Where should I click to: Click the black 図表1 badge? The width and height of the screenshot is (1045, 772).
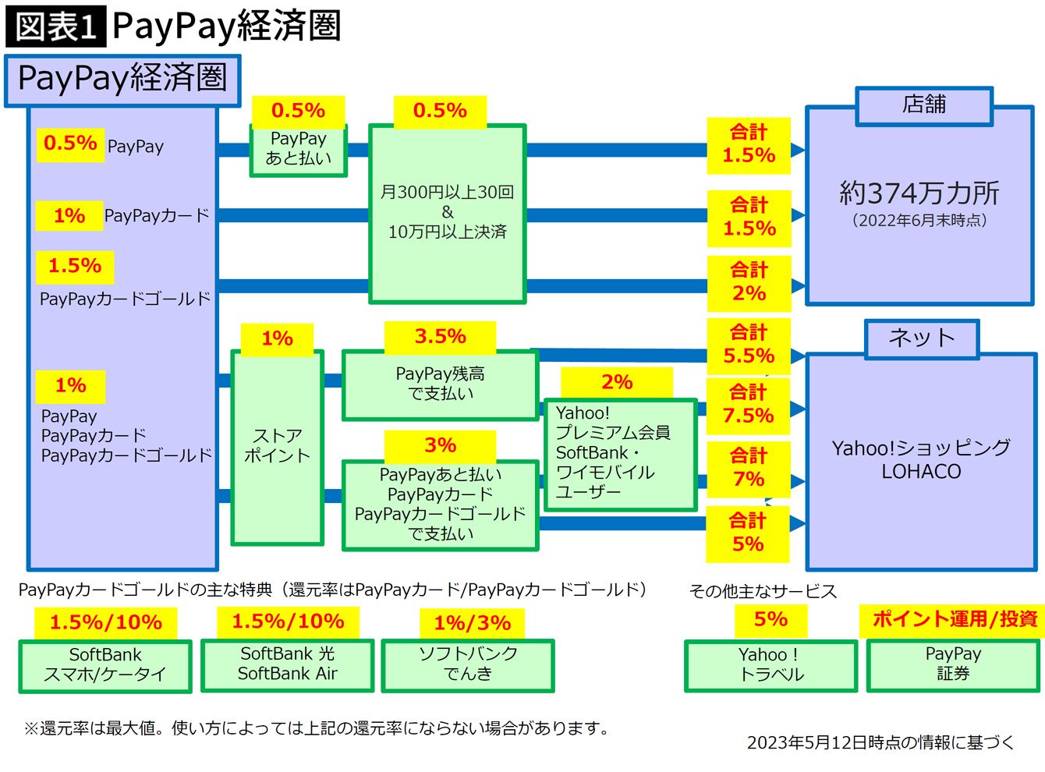click(55, 27)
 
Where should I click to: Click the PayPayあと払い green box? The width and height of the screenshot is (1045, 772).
click(298, 149)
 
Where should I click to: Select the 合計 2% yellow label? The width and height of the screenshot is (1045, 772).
click(749, 282)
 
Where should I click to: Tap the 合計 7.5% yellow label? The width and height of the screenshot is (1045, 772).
click(749, 405)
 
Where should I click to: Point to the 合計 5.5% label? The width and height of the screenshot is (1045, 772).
click(749, 345)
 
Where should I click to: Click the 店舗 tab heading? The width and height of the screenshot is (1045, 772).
click(924, 105)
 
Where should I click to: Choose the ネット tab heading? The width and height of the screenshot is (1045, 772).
click(922, 338)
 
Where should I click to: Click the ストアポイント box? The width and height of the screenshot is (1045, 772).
click(277, 447)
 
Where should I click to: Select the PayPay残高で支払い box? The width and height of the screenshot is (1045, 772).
click(441, 384)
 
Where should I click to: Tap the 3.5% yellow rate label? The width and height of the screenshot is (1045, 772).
click(440, 337)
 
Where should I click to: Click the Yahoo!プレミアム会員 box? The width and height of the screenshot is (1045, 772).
click(619, 454)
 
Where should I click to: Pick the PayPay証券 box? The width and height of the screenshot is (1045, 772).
click(953, 664)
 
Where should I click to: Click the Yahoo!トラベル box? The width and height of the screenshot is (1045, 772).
click(770, 665)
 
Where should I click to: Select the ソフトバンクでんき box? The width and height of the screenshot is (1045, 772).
click(468, 665)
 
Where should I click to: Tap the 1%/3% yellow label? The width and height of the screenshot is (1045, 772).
click(472, 623)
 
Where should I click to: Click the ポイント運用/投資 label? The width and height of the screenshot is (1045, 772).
click(954, 619)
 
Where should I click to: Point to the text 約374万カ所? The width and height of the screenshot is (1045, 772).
click(919, 193)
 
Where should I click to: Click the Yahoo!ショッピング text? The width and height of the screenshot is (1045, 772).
click(921, 448)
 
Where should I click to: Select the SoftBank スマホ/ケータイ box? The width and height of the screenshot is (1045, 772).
click(105, 665)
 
